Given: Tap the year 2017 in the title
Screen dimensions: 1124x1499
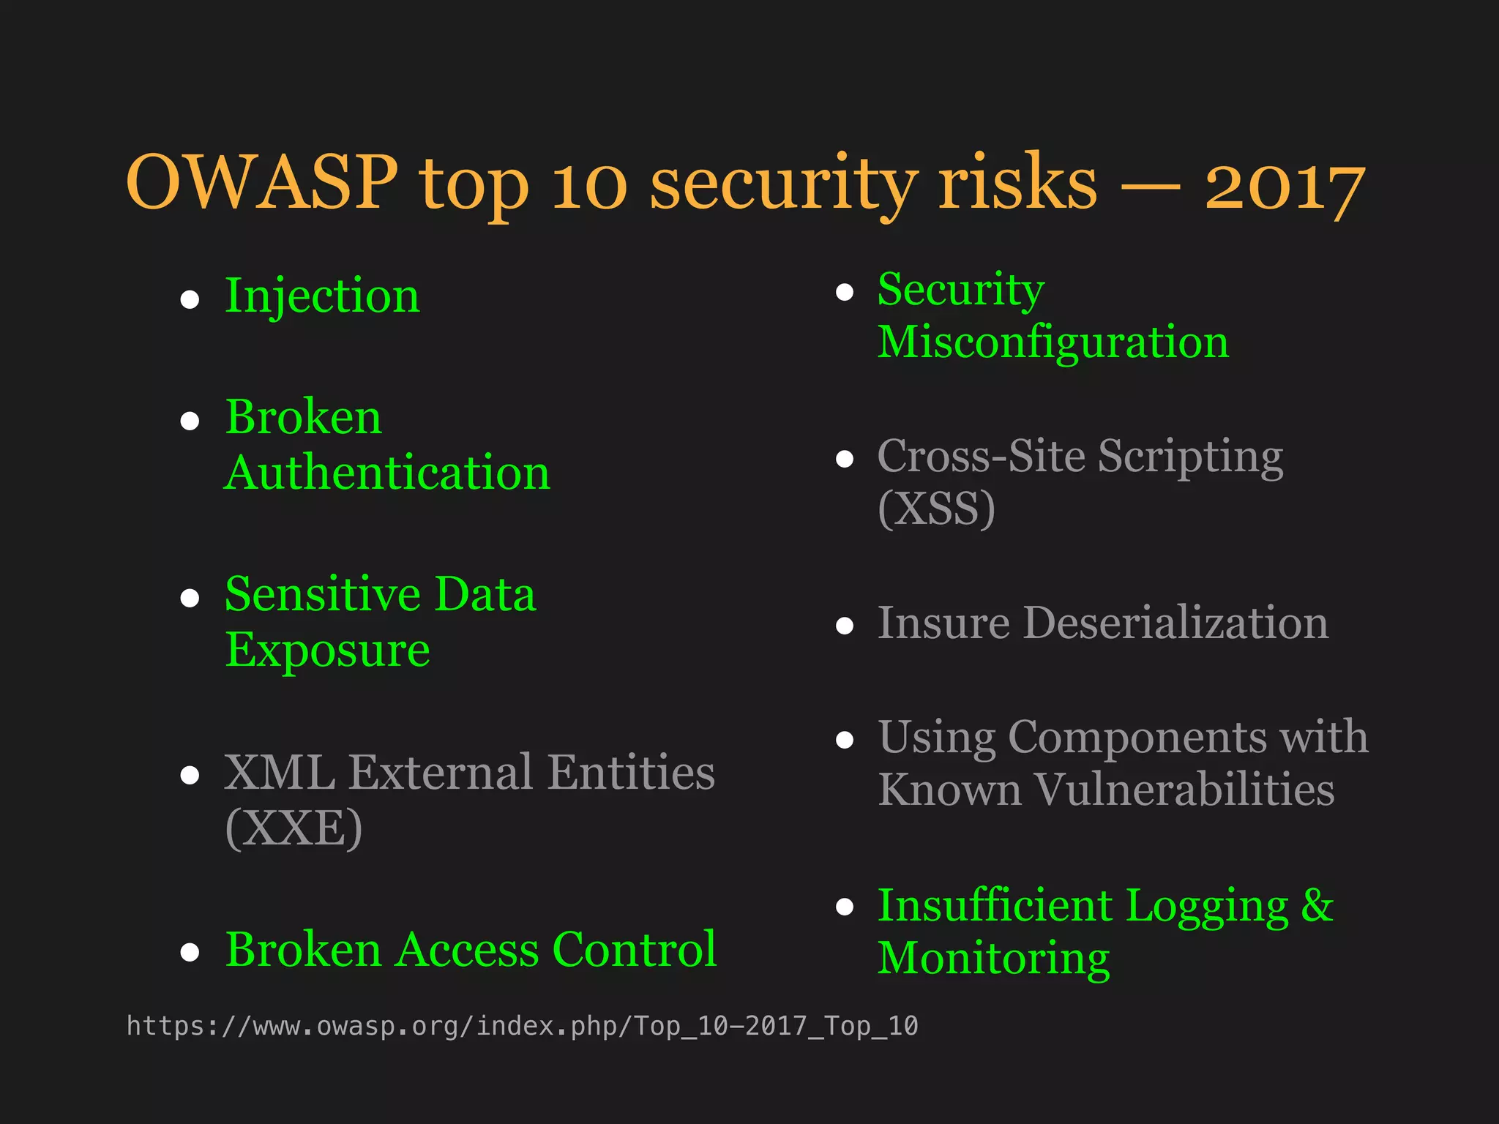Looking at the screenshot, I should pyautogui.click(x=1285, y=187).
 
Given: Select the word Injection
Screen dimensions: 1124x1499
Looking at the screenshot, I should pyautogui.click(x=322, y=296).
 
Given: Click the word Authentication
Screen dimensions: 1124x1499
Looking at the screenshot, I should pyautogui.click(x=387, y=472).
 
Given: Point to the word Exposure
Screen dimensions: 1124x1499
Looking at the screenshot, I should pyautogui.click(x=327, y=650).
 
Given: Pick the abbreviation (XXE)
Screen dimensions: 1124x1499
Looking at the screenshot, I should pyautogui.click(x=294, y=828).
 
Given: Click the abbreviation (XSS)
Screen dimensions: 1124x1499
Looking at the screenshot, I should pyautogui.click(x=936, y=508).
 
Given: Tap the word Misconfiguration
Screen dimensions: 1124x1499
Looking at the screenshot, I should pyautogui.click(x=1053, y=342).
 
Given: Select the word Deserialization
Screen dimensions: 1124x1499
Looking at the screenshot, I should pyautogui.click(x=1175, y=623).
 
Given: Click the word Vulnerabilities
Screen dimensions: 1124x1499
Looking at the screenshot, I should pyautogui.click(x=1185, y=790).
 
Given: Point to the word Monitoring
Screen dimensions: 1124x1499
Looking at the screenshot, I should pyautogui.click(x=993, y=958).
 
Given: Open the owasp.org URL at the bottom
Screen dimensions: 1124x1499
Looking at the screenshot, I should pyautogui.click(x=522, y=1026).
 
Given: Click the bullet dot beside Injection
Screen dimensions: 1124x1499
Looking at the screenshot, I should pyautogui.click(x=190, y=299).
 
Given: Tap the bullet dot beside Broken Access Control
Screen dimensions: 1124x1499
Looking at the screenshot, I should pyautogui.click(x=190, y=951).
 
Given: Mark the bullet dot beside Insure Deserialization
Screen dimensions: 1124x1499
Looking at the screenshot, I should pyautogui.click(x=845, y=626).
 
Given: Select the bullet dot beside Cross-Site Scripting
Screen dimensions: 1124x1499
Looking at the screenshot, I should pyautogui.click(x=845, y=459).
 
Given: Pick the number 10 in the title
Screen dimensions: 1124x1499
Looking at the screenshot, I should pyautogui.click(x=589, y=184).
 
